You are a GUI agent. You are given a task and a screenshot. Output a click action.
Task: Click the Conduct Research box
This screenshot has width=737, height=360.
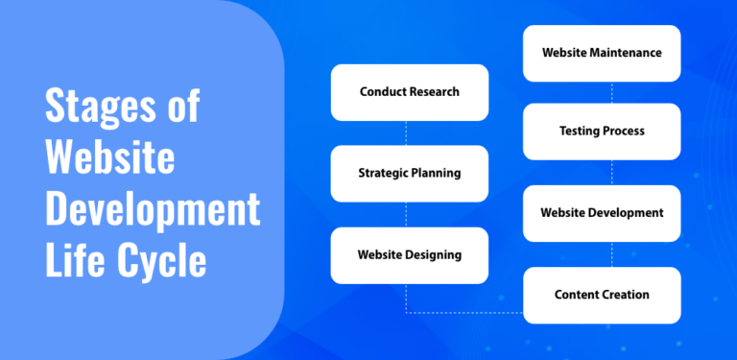coord(410,92)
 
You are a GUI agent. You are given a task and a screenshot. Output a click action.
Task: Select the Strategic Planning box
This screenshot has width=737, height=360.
coord(410,174)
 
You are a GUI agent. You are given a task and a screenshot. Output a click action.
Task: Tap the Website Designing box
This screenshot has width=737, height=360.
coord(410,255)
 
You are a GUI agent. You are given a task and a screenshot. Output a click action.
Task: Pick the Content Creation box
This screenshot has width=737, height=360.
coord(602,295)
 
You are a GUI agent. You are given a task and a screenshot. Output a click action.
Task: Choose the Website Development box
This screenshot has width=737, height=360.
coord(602,212)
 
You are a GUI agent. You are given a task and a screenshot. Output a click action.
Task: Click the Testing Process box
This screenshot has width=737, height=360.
coord(602,131)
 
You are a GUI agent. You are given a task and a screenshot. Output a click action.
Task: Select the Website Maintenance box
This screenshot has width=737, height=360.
coord(602,53)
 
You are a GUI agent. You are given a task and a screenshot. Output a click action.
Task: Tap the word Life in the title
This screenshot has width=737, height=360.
coord(76,259)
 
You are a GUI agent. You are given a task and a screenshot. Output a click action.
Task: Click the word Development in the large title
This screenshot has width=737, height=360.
coord(153,209)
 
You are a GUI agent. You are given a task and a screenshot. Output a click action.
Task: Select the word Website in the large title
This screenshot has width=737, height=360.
coord(109,157)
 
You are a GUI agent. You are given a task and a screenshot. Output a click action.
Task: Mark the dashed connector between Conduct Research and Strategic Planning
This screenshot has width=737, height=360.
coord(407,132)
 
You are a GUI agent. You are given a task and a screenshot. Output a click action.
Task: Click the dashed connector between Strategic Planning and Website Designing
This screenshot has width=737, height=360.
coord(407,214)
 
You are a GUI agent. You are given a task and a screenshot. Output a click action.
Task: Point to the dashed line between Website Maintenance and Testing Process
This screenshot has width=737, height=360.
coord(612,92)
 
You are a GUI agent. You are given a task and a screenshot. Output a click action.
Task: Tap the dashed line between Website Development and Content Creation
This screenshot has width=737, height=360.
coord(612,253)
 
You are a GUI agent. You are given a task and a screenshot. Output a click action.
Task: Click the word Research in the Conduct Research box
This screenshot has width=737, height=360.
coord(433,92)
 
